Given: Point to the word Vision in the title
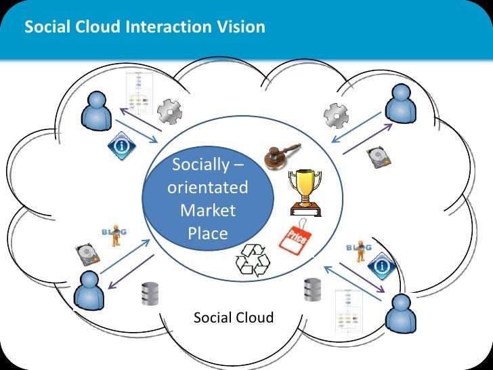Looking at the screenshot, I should [240, 28].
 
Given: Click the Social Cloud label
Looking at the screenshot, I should [234, 317].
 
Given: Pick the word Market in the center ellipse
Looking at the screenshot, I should [208, 210].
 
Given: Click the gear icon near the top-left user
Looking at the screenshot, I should [169, 111].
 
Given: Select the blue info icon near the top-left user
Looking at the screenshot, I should [119, 145].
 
